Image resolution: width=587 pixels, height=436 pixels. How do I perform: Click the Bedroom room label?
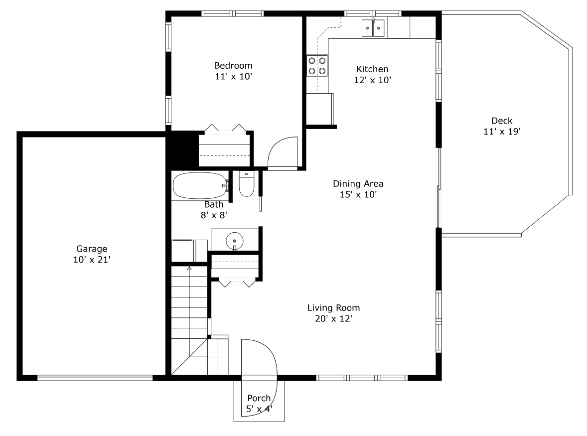[233, 66]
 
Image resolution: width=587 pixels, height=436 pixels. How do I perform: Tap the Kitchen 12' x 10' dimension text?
[372, 80]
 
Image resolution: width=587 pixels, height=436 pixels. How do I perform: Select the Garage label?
[92, 249]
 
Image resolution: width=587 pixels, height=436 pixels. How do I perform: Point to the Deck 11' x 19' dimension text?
[502, 132]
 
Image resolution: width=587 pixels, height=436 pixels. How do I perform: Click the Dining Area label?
[358, 184]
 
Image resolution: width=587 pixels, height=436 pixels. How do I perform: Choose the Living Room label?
[333, 308]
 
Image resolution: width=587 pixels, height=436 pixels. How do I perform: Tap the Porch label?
[259, 398]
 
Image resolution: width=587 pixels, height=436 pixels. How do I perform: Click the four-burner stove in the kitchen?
[317, 65]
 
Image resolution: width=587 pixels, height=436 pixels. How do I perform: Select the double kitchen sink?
[373, 28]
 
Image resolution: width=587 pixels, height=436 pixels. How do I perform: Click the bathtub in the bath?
[199, 185]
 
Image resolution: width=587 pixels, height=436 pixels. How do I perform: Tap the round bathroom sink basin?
[235, 241]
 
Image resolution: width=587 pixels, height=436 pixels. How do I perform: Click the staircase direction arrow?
[189, 269]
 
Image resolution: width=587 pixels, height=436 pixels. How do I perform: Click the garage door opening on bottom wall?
[95, 378]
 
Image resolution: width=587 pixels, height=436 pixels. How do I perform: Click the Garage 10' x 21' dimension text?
[92, 259]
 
